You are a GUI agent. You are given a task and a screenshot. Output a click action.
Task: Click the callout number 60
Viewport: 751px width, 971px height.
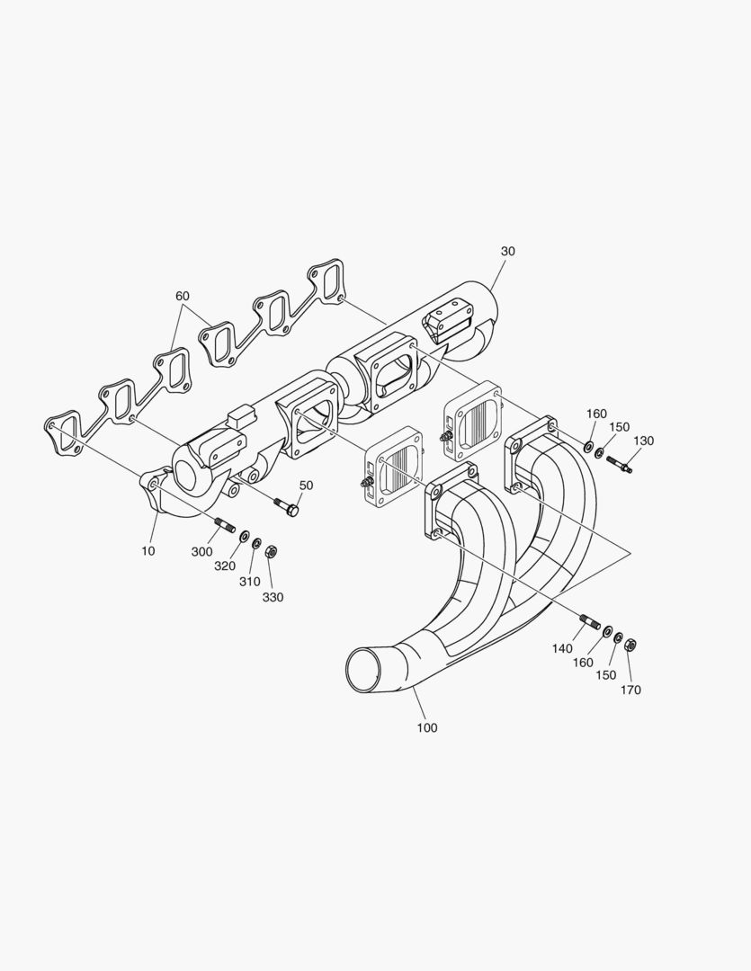tap(183, 296)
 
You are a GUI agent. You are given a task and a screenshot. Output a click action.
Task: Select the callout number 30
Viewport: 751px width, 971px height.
tap(508, 252)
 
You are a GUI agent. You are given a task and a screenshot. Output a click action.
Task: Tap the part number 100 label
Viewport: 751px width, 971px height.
tap(427, 727)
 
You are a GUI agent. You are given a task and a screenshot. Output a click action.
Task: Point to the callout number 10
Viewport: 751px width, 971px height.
tap(148, 550)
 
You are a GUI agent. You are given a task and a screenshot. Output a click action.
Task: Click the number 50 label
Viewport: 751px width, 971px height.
tap(306, 485)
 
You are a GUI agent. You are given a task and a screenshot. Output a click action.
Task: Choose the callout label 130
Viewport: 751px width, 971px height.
tap(644, 441)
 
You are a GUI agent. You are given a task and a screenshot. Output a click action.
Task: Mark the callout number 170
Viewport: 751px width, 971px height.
tap(630, 690)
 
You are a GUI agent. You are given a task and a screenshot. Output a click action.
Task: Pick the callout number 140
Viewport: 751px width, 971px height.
tap(562, 647)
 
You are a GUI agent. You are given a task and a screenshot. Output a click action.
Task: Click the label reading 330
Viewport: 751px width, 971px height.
tap(273, 597)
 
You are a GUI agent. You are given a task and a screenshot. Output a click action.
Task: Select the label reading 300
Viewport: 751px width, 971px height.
tap(202, 551)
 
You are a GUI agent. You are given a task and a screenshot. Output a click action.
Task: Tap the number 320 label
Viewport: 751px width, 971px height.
tap(224, 566)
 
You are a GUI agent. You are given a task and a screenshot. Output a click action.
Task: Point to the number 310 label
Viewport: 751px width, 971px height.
tap(249, 582)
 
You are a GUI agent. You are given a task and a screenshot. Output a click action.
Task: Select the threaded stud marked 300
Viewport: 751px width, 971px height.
tap(224, 524)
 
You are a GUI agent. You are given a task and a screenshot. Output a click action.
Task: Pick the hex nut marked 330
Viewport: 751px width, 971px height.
tap(271, 550)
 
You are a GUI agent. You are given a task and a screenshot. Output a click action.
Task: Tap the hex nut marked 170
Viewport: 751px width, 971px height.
tap(631, 644)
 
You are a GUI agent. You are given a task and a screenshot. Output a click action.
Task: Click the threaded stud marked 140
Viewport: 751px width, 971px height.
tap(590, 621)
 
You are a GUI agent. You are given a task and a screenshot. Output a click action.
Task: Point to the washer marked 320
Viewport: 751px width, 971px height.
tap(244, 536)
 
